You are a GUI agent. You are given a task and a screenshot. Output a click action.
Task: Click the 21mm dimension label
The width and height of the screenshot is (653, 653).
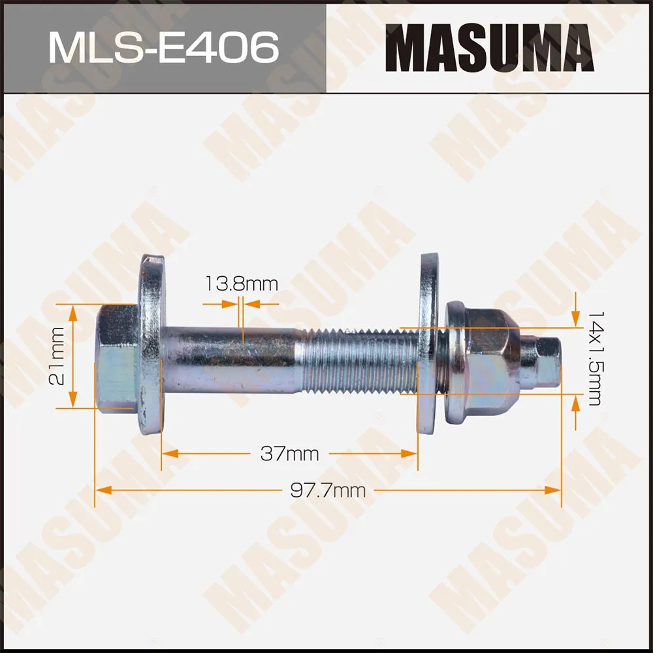(x=58, y=357)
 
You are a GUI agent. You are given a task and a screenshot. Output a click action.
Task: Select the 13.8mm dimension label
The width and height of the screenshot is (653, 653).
(x=242, y=284)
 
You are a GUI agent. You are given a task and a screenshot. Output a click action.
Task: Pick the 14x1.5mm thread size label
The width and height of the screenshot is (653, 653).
(x=593, y=358)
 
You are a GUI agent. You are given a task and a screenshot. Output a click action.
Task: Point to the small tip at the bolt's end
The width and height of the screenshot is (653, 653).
(x=545, y=362)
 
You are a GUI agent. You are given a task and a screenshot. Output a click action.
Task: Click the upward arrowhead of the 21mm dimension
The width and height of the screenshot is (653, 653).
(x=73, y=310)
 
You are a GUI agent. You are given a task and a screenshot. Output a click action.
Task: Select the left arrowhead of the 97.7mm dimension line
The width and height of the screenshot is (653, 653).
(x=100, y=490)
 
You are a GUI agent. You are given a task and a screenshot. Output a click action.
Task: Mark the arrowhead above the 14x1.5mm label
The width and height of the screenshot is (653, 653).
(x=575, y=320)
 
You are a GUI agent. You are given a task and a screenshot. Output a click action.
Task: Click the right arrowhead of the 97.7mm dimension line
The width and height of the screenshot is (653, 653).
(x=556, y=490)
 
